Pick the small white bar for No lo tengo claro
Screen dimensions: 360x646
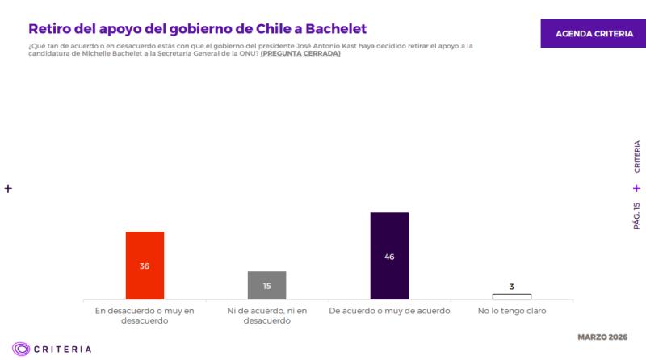pos(511,296)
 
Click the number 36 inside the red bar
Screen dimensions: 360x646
pos(145,266)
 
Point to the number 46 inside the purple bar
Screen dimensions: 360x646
pos(389,257)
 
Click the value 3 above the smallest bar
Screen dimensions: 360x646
pos(511,287)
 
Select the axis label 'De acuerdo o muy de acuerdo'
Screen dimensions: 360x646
pos(389,310)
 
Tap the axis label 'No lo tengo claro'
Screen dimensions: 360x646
pos(511,310)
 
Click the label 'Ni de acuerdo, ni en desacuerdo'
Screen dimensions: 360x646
pos(266,315)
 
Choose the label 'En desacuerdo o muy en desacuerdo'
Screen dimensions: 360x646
pos(145,315)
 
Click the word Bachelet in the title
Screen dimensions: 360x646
pos(326,28)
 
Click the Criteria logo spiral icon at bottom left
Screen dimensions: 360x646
pos(22,349)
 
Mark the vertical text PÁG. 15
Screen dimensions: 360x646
pos(636,216)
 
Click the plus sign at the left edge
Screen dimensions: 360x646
pos(8,188)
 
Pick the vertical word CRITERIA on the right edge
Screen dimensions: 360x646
pos(636,157)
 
